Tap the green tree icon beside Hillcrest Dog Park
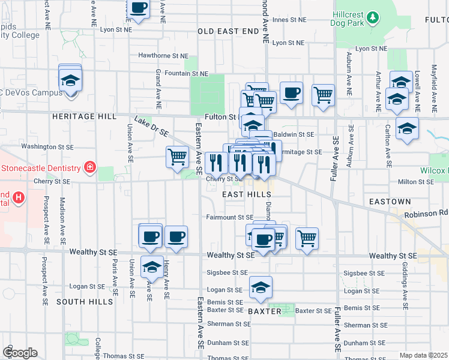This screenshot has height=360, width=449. point(373,16)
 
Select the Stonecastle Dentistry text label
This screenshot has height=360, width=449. point(41,167)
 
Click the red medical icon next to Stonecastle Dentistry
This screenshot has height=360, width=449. point(89,166)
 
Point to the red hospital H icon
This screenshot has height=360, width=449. point(19,196)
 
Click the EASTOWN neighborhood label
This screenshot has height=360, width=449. point(390,202)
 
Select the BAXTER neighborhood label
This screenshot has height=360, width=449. point(264,311)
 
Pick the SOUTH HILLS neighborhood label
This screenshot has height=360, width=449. point(84,302)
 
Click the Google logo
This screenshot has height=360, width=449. point(20,353)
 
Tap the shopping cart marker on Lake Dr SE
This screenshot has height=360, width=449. point(177,158)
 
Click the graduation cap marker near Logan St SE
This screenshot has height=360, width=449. point(261,289)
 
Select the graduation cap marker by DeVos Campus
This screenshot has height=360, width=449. point(70,80)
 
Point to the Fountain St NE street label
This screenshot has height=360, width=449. point(186,73)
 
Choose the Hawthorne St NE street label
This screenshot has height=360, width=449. point(163,55)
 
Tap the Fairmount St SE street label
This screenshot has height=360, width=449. point(230,217)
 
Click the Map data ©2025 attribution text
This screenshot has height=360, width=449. point(424,355)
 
